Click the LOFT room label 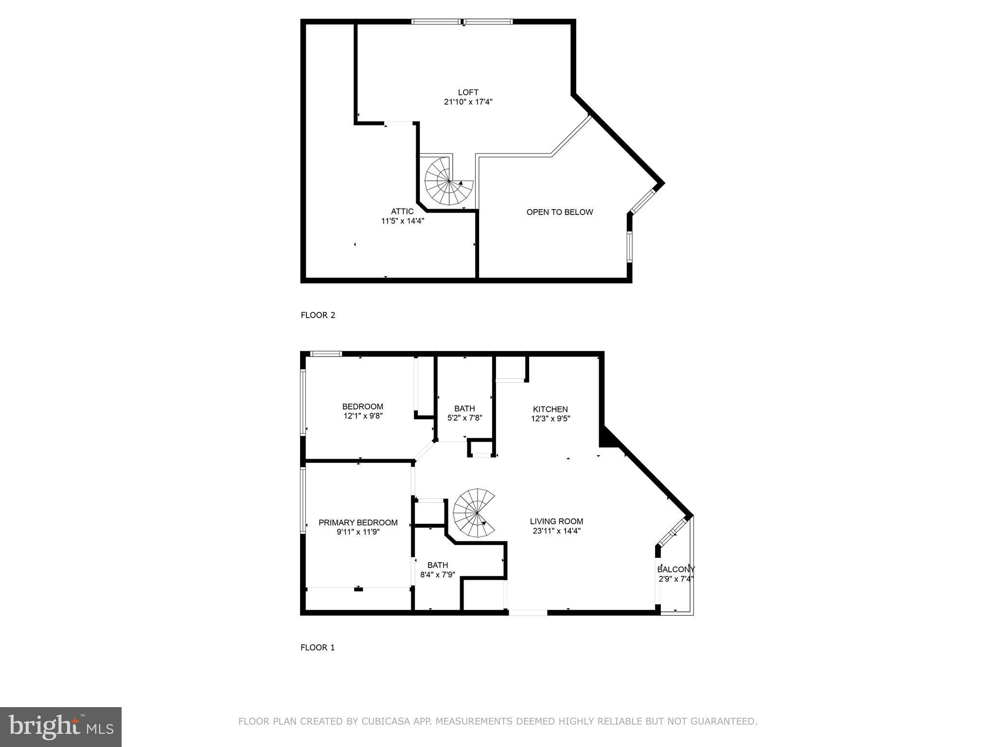468,92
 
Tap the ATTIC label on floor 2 402,211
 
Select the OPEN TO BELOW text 559,212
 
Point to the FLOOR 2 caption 318,315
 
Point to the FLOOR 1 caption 318,647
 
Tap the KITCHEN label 550,409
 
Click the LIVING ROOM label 556,521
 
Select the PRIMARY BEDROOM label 358,522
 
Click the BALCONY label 676,569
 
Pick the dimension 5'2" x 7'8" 464,418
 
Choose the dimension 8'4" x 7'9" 438,574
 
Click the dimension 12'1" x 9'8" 363,416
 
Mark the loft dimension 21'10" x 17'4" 468,102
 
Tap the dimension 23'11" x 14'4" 556,531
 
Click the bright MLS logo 60,727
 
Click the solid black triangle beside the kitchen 607,438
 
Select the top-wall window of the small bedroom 326,354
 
